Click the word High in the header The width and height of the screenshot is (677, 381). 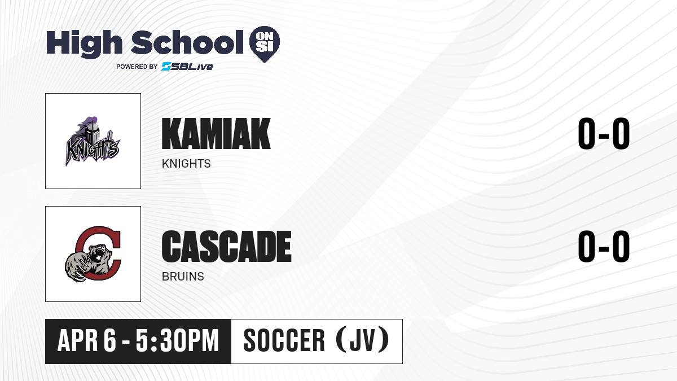(84, 43)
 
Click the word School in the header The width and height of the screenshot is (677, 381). (187, 42)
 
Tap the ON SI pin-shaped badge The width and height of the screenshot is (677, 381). (265, 44)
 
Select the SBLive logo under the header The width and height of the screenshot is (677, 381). (187, 67)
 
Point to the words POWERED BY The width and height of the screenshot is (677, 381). (137, 67)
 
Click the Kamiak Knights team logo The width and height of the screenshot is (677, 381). (93, 141)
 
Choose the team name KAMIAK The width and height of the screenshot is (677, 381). (216, 134)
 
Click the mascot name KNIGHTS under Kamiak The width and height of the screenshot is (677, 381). (186, 164)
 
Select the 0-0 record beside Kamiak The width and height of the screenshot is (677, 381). (604, 133)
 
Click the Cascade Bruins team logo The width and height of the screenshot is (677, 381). (93, 254)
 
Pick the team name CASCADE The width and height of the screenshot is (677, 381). (226, 247)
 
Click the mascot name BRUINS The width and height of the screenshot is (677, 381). (183, 277)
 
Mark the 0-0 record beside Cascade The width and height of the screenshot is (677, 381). (604, 246)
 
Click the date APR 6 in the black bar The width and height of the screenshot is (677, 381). (87, 340)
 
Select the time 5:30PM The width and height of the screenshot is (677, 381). (177, 340)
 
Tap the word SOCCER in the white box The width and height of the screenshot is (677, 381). (284, 340)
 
